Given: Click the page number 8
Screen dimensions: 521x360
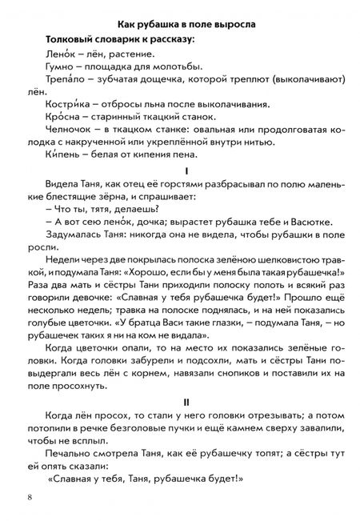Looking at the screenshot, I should pos(30,497).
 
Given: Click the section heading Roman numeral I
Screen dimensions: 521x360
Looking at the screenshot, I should pos(186,171).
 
